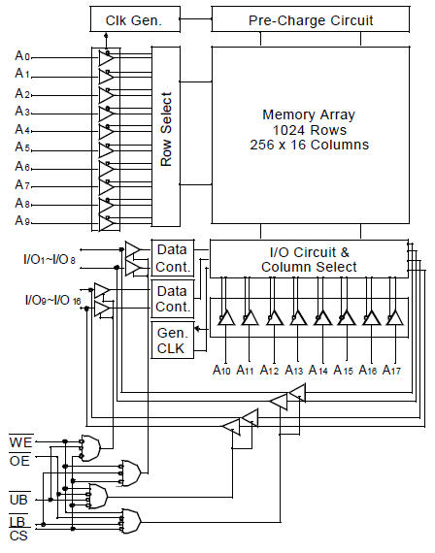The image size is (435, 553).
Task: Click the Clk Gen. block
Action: tap(135, 19)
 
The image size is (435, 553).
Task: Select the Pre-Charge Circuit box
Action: tap(311, 19)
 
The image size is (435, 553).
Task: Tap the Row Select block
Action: tap(166, 137)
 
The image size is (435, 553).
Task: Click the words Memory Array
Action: tap(309, 114)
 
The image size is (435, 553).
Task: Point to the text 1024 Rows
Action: tap(310, 130)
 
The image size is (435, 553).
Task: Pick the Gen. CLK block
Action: tap(172, 341)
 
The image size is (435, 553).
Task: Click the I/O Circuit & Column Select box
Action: tap(309, 259)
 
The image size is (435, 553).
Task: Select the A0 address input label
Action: tap(23, 55)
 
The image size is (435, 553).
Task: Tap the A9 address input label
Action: tap(23, 221)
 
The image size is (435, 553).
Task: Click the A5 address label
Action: tap(23, 147)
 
